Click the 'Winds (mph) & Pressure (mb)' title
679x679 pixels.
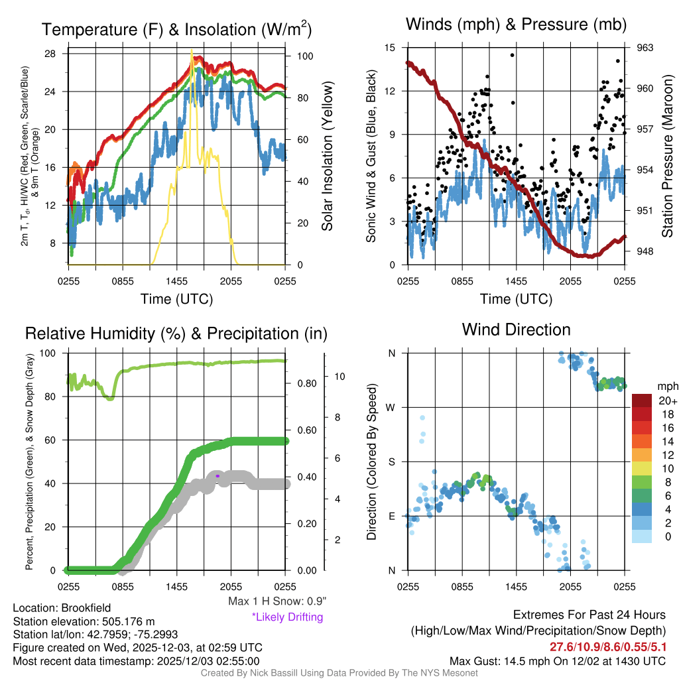[517, 25]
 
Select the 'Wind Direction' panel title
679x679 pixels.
[516, 330]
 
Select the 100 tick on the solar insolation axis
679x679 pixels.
[305, 56]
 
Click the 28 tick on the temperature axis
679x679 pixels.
[51, 54]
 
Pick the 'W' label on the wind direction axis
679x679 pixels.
[391, 407]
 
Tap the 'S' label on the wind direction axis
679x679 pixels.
[392, 462]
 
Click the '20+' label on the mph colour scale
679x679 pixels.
[667, 401]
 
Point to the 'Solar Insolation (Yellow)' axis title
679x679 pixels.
[327, 156]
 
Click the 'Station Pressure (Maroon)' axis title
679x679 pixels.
[667, 156]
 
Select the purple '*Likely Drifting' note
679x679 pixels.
[287, 617]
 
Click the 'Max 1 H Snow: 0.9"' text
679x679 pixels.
[277, 601]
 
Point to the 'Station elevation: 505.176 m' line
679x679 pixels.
[84, 621]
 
